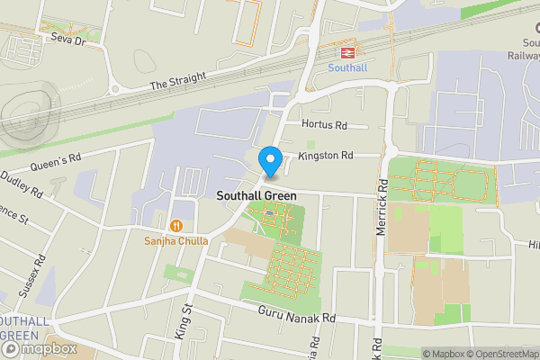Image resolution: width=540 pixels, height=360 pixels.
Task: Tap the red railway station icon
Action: pos(346,51)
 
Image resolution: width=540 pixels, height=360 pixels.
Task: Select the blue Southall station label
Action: pos(346,67)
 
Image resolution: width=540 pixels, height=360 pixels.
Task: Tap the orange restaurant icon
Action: pos(177,224)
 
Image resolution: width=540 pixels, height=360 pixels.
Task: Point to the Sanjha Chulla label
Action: pos(177,240)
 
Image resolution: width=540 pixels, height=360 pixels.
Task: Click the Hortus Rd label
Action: pos(325,125)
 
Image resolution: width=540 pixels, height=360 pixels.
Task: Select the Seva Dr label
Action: pos(67,40)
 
